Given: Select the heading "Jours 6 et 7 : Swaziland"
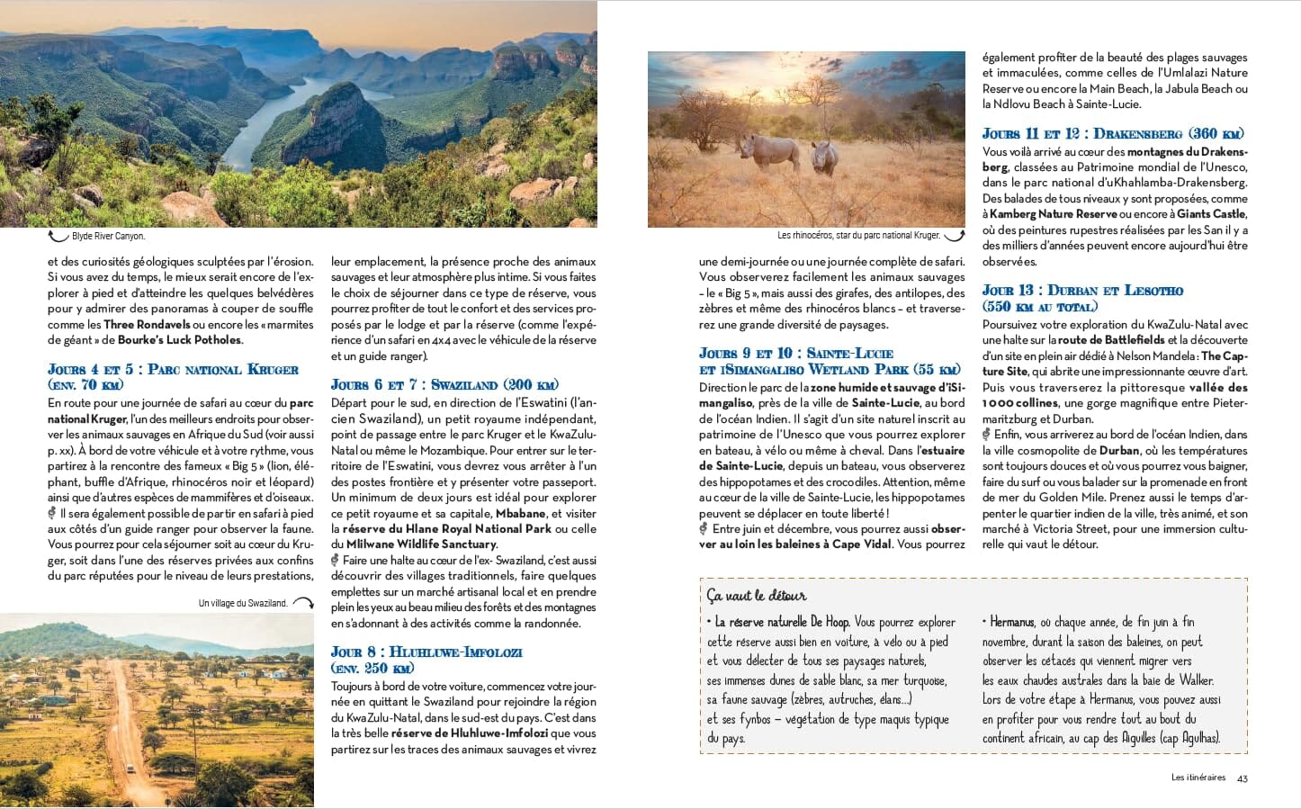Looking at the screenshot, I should click(444, 385).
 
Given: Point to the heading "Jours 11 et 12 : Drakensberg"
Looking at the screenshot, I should click(1113, 134).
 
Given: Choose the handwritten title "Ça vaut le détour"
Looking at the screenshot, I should click(756, 596).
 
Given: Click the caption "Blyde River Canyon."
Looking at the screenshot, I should click(108, 237).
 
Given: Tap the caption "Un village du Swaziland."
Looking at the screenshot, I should click(243, 604).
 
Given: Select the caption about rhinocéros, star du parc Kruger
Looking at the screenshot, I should click(857, 236).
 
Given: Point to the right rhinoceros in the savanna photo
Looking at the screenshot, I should click(824, 158).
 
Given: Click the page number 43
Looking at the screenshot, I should click(1243, 778).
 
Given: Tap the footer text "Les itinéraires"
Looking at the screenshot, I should click(1198, 778).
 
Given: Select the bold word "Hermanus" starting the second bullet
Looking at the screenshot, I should click(1011, 622).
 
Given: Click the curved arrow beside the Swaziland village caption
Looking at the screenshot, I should click(303, 603).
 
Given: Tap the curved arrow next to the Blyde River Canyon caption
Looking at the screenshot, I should click(58, 237).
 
